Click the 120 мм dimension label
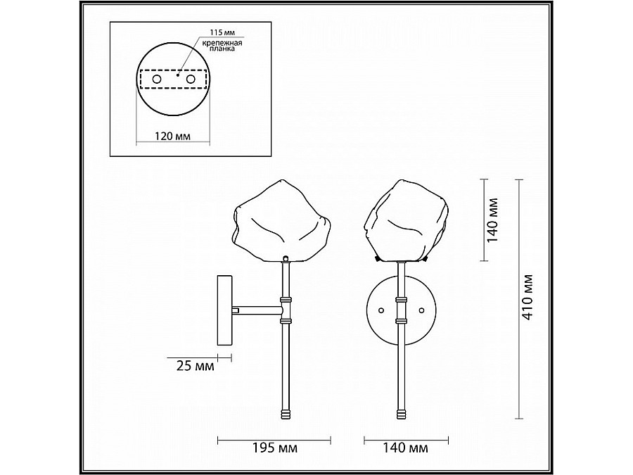[173, 136]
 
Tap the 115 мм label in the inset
[222, 32]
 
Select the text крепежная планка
[222, 46]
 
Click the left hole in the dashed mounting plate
[157, 80]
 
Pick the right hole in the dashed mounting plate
[191, 80]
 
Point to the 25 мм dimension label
[196, 366]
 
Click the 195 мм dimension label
[275, 448]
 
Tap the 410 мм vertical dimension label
[527, 298]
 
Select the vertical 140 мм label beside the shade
[492, 220]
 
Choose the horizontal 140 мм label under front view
[406, 448]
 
